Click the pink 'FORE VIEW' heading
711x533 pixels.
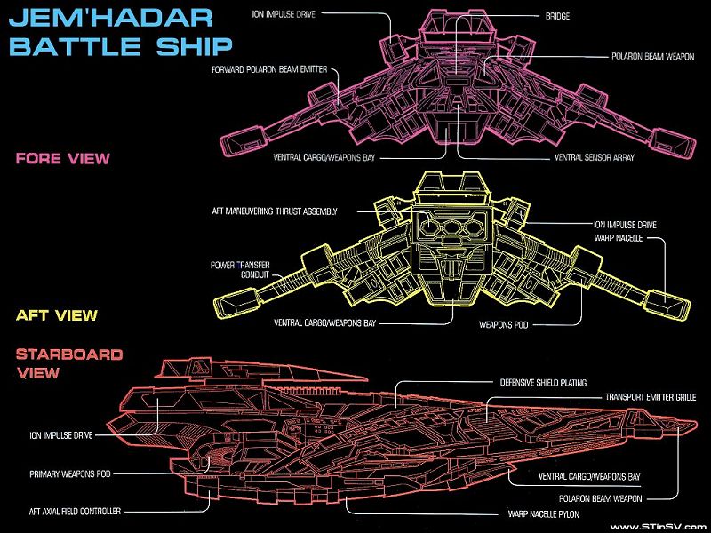click(x=62, y=159)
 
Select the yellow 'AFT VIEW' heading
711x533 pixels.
click(x=56, y=315)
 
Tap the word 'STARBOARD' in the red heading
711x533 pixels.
click(x=68, y=354)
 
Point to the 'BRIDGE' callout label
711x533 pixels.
click(x=557, y=16)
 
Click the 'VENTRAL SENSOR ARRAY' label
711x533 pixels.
click(x=593, y=157)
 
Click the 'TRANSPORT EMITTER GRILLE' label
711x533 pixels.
click(x=650, y=397)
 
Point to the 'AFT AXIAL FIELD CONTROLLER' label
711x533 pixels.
click(x=75, y=511)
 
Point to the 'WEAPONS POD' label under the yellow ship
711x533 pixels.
click(x=503, y=324)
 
